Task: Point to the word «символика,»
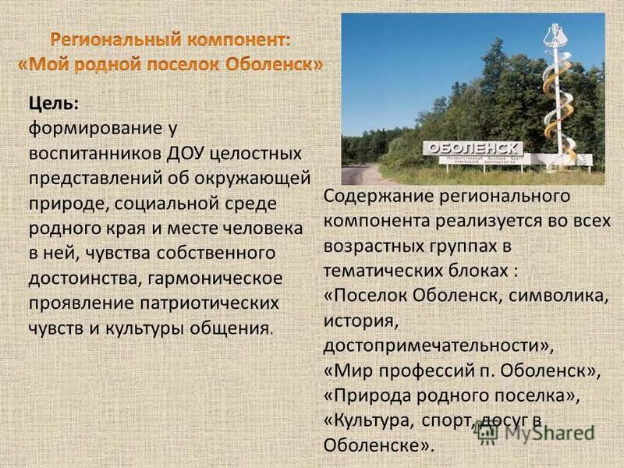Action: (558, 296)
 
